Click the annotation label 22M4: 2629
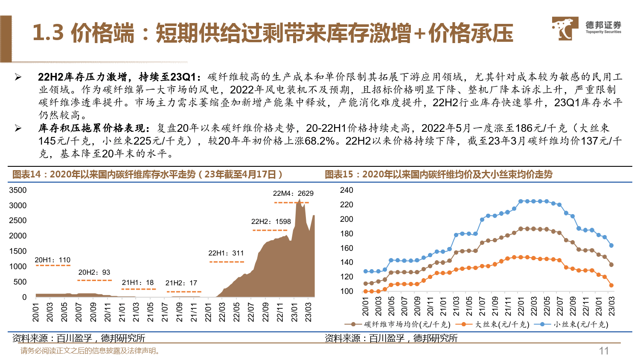(x=293, y=193)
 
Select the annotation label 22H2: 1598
(x=271, y=221)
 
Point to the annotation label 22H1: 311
(x=226, y=253)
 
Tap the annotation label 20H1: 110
(x=52, y=260)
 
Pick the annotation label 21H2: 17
(x=181, y=283)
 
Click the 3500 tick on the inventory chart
(x=18, y=190)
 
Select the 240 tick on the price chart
(x=346, y=190)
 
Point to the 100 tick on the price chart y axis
(x=346, y=291)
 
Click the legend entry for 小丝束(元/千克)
(x=581, y=325)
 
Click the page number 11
(x=604, y=351)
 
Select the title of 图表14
(x=147, y=174)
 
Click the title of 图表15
(x=439, y=174)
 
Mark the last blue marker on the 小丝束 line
(x=611, y=246)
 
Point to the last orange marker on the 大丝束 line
(x=611, y=285)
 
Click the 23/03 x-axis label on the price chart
(x=611, y=306)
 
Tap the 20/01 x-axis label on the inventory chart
(x=36, y=312)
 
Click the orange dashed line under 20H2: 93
(x=94, y=280)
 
